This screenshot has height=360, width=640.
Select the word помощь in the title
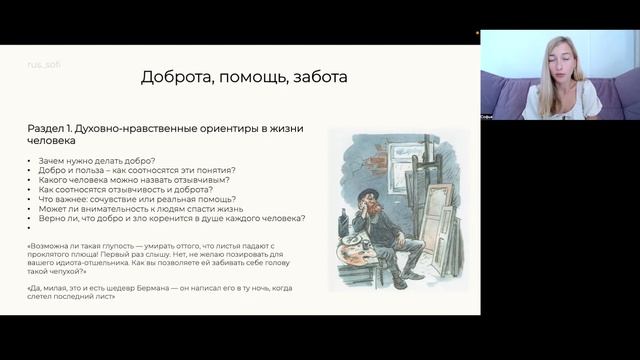click(249, 77)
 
